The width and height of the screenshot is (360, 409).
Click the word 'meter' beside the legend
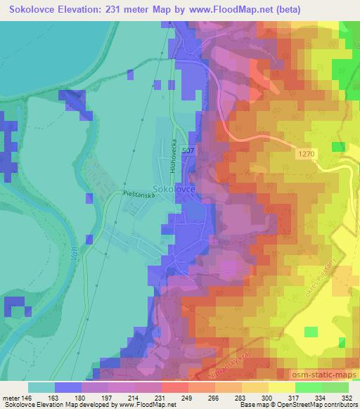coord(11,397)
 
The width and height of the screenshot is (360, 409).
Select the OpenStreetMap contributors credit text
coord(310,404)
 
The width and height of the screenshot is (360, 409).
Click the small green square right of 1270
coord(338,147)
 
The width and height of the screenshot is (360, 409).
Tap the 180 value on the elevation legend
coord(82,397)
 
